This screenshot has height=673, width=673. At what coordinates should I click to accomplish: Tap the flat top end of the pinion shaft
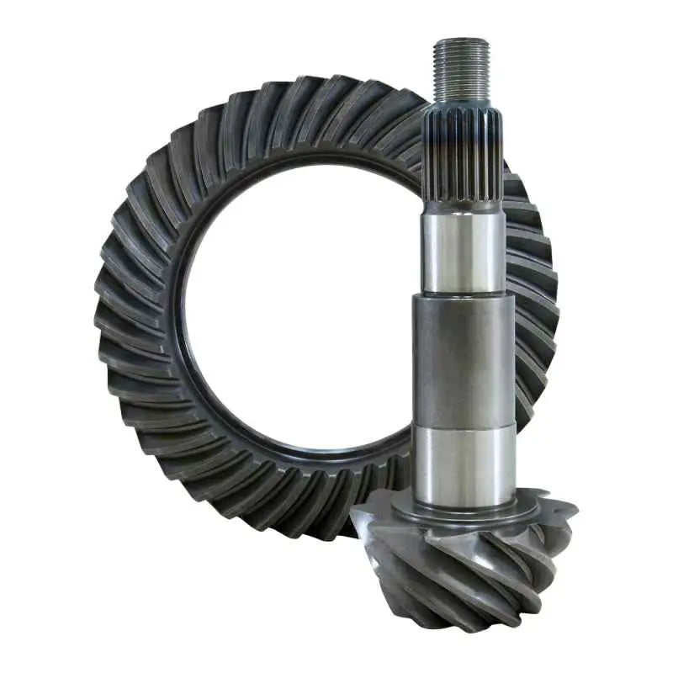pyautogui.click(x=461, y=40)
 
